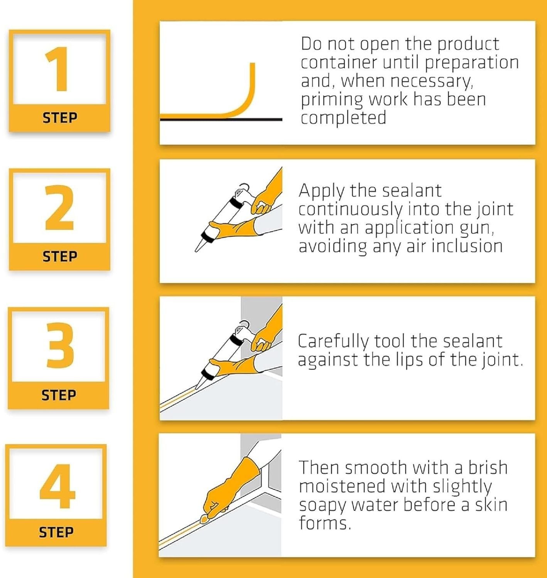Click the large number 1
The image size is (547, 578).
[x=58, y=69]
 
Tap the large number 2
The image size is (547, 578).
[x=59, y=207]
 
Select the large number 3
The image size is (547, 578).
[x=60, y=345]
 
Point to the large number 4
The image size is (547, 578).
[x=57, y=486]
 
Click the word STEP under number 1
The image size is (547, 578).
[x=60, y=118]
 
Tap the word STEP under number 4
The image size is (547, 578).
[x=56, y=532]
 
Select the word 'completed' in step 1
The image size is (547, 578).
[x=343, y=118]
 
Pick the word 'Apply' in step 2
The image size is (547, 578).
[x=321, y=192]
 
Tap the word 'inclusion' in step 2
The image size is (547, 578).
[x=467, y=246]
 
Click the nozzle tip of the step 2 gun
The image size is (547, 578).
[x=195, y=251]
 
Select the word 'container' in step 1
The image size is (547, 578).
[x=338, y=63]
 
